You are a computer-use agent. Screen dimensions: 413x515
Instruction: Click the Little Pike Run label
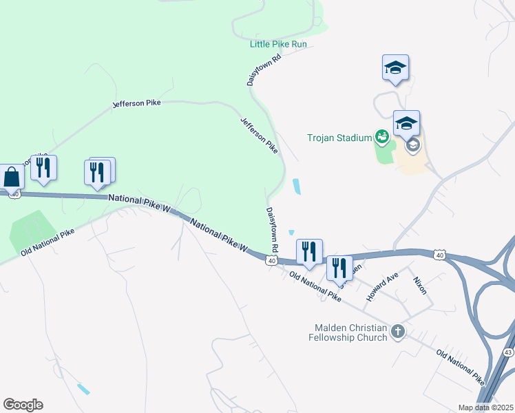pos(277,44)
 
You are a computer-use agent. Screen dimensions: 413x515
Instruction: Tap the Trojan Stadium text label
pos(339,138)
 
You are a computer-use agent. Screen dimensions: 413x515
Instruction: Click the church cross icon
pos(397,332)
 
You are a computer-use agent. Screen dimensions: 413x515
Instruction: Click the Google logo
pos(23,405)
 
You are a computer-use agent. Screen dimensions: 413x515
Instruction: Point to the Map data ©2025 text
pos(485,407)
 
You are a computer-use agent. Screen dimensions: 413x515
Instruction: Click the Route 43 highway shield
pos(508,352)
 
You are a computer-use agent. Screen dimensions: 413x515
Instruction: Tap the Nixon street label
pos(420,286)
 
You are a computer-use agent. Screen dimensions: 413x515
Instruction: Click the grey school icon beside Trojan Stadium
pos(412,145)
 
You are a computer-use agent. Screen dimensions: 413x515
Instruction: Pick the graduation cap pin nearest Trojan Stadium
pos(406,123)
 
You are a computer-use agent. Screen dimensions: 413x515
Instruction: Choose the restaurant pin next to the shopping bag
pos(43,168)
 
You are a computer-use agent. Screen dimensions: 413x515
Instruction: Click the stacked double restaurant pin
pos(98,171)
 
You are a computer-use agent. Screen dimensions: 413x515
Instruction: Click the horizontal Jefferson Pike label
pos(136,103)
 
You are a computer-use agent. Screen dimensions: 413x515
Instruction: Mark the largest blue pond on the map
pos(297,186)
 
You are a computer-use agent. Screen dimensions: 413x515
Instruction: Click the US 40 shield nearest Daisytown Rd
pos(272,260)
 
